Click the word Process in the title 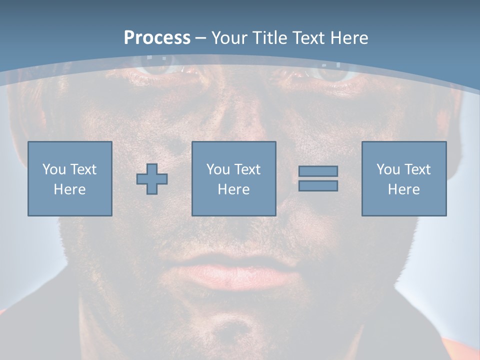pos(157,38)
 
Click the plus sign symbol pos(152,179)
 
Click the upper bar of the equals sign pos(318,171)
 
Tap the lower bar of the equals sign pos(318,186)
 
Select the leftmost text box pos(70,178)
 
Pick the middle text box pos(233,178)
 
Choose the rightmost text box pos(403,178)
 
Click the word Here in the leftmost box pos(70,189)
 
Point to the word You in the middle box pos(218,169)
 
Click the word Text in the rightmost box pos(418,169)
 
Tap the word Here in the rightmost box pos(403,189)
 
